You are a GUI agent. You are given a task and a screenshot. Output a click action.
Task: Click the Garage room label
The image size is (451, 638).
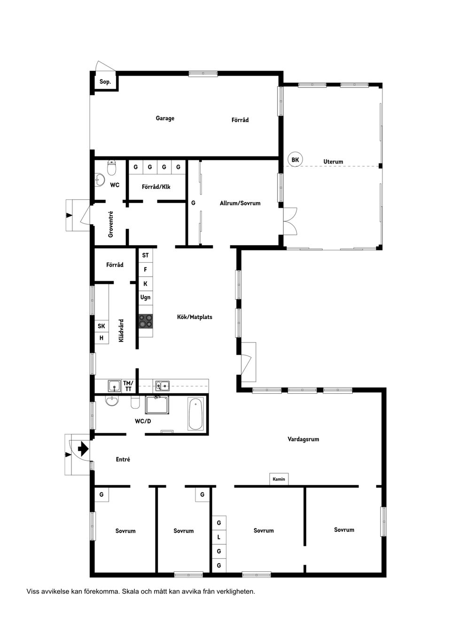click(x=165, y=118)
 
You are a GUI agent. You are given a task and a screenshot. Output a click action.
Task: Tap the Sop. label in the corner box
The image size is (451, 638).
click(x=105, y=82)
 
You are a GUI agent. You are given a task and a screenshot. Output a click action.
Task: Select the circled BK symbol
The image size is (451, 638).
click(x=295, y=160)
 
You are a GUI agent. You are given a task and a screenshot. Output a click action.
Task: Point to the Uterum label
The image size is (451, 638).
click(x=333, y=162)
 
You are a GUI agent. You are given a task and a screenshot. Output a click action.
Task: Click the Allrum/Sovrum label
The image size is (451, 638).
click(x=240, y=203)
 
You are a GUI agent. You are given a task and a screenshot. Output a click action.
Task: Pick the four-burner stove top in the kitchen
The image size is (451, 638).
click(x=146, y=321)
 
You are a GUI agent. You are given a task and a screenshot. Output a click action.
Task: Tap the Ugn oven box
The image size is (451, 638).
click(x=145, y=297)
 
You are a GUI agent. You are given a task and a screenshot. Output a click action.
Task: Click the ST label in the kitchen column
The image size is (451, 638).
click(x=145, y=255)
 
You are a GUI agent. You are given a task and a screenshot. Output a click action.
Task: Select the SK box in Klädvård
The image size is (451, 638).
click(x=101, y=326)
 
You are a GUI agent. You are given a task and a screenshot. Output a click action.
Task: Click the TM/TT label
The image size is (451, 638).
click(x=128, y=386)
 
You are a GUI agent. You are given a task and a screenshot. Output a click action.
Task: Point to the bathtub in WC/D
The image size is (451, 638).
click(x=195, y=414)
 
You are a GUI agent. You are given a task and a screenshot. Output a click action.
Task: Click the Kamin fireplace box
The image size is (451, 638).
click(x=279, y=479)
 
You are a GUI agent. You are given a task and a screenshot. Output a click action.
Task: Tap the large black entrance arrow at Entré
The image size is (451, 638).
click(x=83, y=449)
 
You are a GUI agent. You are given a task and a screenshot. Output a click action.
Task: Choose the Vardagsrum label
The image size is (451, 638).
click(x=303, y=439)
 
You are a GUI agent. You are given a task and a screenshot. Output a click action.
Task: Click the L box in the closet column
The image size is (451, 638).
click(x=218, y=537)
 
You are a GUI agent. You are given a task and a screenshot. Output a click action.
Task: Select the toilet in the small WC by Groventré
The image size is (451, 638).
click(x=112, y=167)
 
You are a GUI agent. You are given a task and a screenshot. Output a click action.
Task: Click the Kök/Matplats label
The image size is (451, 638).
click(x=194, y=317)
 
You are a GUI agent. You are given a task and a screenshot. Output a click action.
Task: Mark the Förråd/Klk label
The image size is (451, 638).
click(x=156, y=187)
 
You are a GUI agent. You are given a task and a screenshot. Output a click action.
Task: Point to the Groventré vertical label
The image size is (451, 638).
click(x=111, y=224)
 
